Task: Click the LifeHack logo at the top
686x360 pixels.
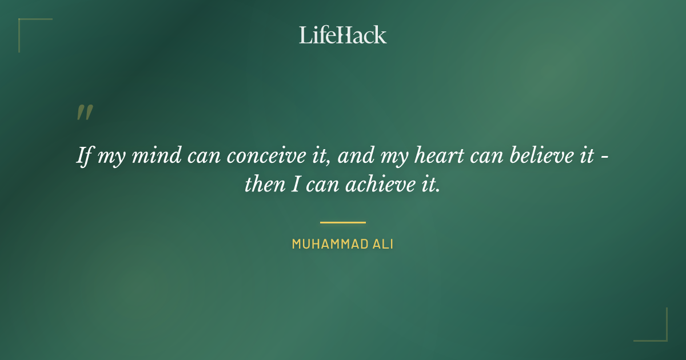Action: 343,35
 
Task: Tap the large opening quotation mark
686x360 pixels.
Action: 85,113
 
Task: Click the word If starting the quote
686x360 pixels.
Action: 84,156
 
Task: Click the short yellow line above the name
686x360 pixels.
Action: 343,222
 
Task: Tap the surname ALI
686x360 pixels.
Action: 382,245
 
